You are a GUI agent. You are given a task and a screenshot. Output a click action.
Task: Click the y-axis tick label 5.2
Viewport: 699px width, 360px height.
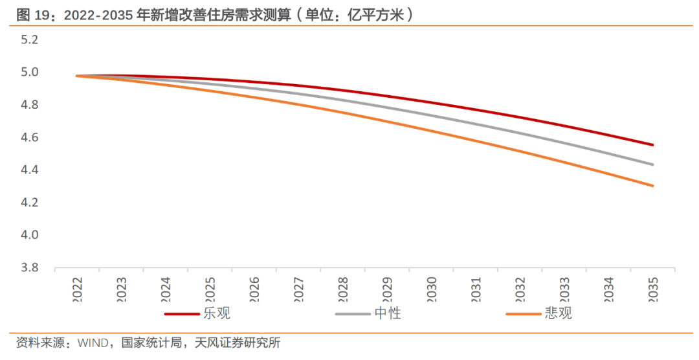tap(30, 39)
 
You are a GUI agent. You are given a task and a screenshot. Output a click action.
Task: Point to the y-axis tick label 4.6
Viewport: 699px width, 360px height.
tap(30, 137)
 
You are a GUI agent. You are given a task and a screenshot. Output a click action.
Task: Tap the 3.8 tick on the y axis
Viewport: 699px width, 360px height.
tap(30, 267)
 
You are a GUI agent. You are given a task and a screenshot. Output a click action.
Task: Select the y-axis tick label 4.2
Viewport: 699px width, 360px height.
tap(30, 203)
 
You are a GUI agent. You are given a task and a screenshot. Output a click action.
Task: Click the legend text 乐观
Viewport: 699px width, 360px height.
tap(217, 314)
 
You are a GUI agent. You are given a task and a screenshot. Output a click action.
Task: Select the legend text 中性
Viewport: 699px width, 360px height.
tap(388, 314)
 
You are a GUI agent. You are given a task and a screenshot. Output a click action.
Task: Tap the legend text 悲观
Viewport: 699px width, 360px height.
tap(559, 314)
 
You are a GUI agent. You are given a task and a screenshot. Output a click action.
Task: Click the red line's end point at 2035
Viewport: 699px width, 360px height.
tap(652, 145)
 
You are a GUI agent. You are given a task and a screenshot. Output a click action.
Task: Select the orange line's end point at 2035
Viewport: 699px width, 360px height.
tap(652, 186)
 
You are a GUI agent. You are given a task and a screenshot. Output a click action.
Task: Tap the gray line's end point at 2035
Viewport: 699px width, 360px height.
tap(652, 164)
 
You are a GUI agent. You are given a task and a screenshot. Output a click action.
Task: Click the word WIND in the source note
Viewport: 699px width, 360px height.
tap(95, 343)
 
